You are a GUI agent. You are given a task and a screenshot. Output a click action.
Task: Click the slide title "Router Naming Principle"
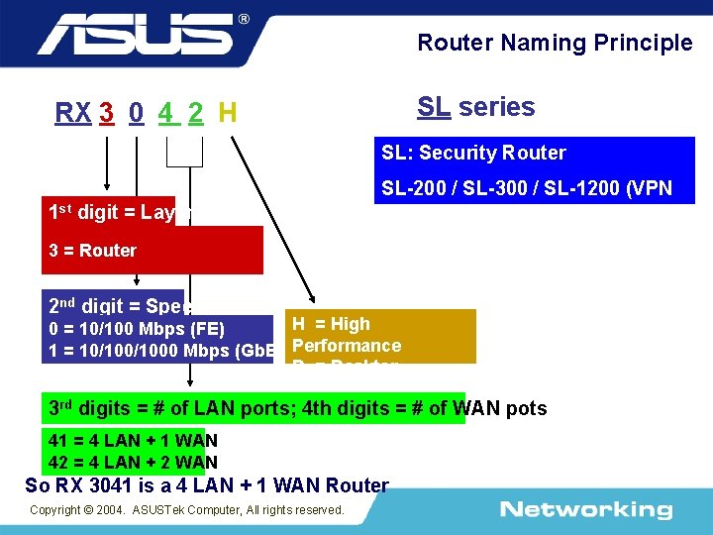tap(555, 43)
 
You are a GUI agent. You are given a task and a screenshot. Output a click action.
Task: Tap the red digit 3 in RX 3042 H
tap(106, 113)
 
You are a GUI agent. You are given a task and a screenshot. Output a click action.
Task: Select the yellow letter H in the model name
tap(228, 113)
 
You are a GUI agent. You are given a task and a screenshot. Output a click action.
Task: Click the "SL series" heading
tap(475, 107)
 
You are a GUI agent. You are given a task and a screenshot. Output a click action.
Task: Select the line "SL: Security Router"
tap(473, 153)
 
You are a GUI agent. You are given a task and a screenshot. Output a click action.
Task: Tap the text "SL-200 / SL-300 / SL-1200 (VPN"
tap(527, 188)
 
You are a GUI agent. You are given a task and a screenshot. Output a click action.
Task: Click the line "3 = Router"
tap(93, 250)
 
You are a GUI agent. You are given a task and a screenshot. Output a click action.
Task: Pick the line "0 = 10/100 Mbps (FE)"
tap(137, 329)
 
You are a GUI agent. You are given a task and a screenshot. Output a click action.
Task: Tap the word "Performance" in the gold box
tap(347, 346)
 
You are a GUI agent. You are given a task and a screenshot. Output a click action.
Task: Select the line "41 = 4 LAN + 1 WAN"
tap(133, 441)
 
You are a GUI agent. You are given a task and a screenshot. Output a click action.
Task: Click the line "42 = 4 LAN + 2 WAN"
tap(133, 461)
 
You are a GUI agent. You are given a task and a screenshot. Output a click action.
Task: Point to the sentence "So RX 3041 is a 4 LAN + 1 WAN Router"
tap(207, 485)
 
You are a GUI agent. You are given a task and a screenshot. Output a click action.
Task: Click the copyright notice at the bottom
tap(187, 509)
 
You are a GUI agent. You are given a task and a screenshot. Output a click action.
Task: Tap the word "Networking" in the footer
tap(585, 510)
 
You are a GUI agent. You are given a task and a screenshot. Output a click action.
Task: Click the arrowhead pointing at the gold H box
tap(310, 299)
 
